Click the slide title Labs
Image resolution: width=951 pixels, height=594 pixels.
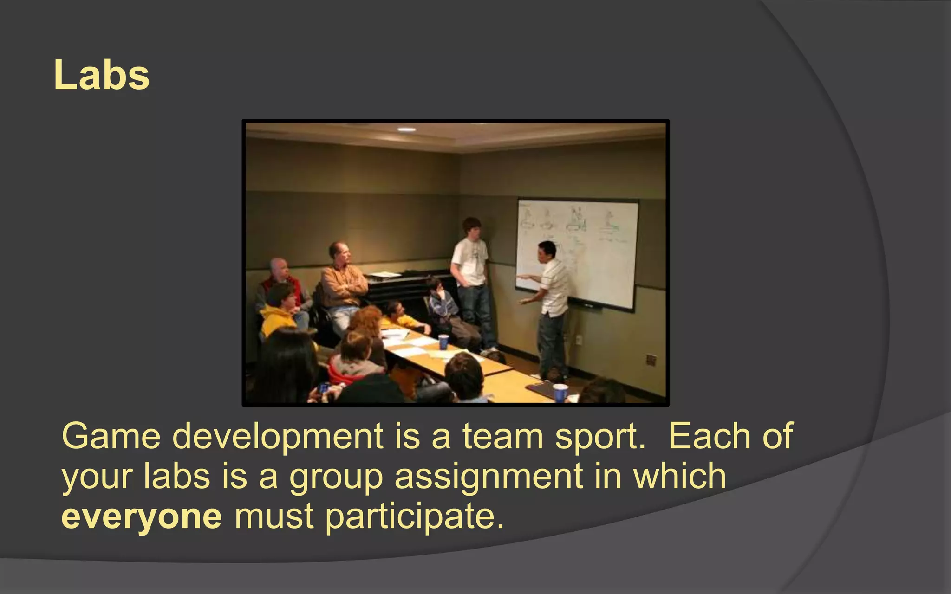tap(101, 75)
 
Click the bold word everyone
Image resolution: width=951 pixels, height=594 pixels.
tap(142, 516)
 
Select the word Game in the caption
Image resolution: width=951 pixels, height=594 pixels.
tap(111, 436)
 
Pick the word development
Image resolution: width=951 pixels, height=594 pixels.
tap(277, 437)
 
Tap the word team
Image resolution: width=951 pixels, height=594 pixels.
tap(502, 436)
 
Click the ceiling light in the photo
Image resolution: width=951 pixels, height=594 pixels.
tap(406, 129)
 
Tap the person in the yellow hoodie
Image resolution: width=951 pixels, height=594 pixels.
tap(279, 311)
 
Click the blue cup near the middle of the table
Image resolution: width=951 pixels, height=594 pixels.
tap(443, 342)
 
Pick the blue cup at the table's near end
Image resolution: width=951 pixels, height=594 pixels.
tap(560, 392)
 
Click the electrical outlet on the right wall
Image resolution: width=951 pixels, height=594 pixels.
tap(651, 359)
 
